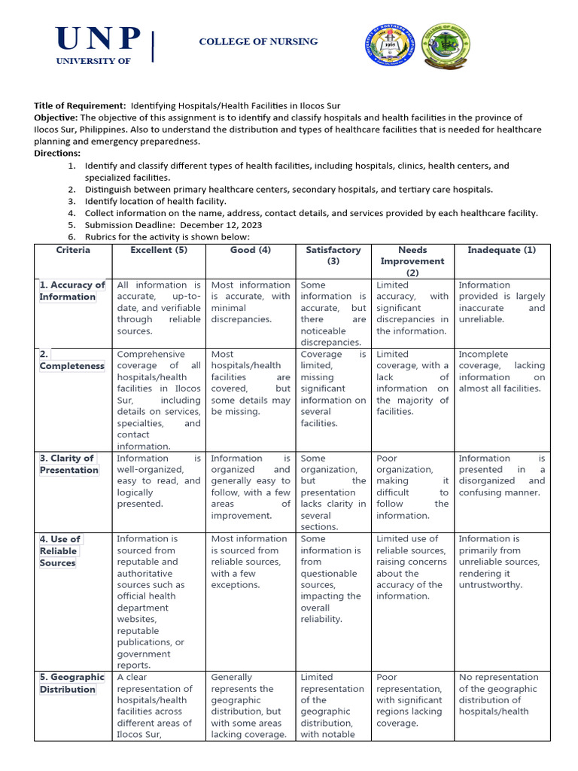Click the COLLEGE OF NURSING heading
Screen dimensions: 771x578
coord(258,42)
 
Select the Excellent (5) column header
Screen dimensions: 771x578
coord(159,250)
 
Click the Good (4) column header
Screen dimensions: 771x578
coord(251,250)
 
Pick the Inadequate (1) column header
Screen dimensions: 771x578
coord(502,250)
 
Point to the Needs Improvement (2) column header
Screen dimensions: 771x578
coord(412,261)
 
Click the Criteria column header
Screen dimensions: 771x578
coord(73,250)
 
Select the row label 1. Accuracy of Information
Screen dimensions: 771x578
coord(72,291)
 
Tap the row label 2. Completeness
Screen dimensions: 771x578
coord(72,360)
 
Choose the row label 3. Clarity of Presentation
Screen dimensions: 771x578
coord(69,464)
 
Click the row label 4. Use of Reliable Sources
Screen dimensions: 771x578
coord(60,551)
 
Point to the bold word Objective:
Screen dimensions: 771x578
coord(56,118)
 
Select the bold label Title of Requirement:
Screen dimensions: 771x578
coord(80,106)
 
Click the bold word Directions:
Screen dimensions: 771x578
coord(57,153)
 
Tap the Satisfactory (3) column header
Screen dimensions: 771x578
coord(333,255)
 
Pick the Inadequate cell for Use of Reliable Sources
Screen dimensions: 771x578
coord(502,562)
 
